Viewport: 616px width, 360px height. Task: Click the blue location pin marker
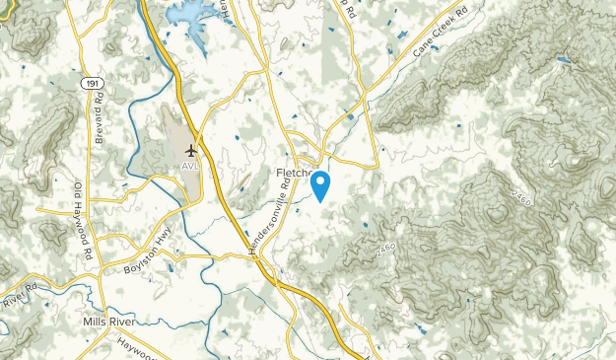click(320, 185)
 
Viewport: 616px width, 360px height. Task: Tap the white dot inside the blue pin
click(320, 180)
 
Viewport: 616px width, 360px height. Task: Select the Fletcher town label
click(292, 174)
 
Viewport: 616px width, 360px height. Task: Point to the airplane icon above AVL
click(189, 150)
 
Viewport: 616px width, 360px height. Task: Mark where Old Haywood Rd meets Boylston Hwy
click(99, 240)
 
